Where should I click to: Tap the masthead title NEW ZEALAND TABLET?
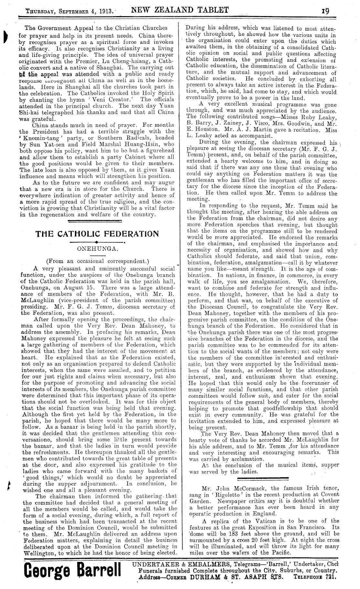pos(180,10)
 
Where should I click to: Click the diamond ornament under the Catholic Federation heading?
pos(97,242)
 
